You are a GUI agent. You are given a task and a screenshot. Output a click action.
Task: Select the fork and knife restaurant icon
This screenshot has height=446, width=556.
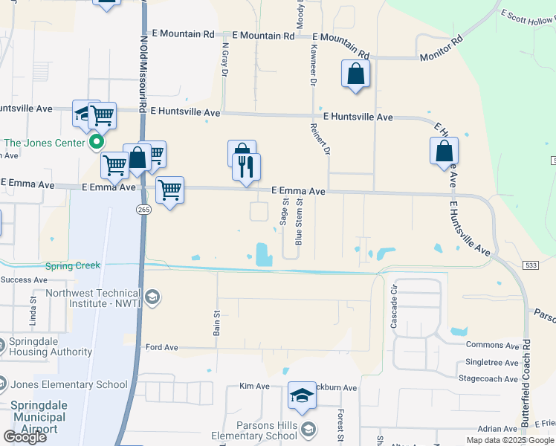[x=247, y=167]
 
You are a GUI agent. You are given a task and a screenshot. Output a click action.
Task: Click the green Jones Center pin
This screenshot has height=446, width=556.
[x=96, y=142]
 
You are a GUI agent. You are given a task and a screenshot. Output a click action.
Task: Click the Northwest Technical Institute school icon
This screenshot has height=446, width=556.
[x=152, y=298]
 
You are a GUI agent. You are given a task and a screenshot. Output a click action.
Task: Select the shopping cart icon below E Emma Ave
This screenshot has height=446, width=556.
[x=170, y=190]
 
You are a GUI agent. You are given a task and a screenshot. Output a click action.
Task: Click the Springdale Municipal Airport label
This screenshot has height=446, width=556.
[x=49, y=417]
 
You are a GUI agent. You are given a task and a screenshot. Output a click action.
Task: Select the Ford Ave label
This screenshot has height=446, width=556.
[x=161, y=347]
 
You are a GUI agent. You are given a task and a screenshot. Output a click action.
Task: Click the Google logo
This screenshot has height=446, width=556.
[x=24, y=436]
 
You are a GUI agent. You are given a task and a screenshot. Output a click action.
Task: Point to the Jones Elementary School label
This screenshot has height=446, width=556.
[x=69, y=384]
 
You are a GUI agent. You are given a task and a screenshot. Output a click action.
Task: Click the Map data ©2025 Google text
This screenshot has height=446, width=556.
[x=509, y=440]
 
